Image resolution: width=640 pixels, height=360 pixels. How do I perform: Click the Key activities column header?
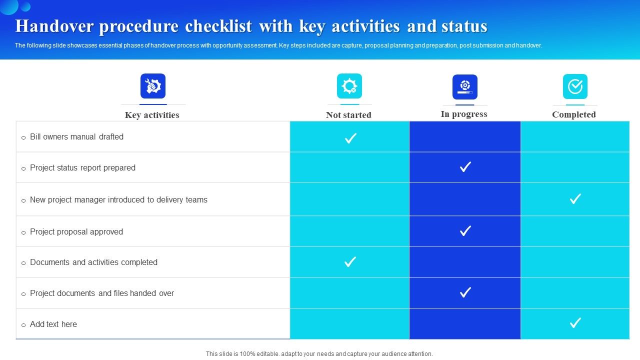tap(152, 115)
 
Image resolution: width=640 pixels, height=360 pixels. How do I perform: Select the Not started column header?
tap(348, 115)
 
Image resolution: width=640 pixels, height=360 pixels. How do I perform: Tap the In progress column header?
tap(464, 114)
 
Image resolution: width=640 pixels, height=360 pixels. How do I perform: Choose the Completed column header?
tap(574, 114)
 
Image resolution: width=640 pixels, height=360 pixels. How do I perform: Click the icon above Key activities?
tap(153, 86)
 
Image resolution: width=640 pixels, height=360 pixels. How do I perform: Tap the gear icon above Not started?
tap(349, 86)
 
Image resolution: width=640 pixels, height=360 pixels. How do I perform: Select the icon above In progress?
tap(465, 86)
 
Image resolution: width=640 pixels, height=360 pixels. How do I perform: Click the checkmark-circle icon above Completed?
tap(575, 86)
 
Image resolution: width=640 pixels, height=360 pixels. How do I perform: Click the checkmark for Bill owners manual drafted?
tap(350, 138)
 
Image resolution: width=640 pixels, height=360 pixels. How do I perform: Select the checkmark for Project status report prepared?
tap(465, 166)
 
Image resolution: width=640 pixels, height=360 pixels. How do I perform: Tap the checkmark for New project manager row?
tap(575, 198)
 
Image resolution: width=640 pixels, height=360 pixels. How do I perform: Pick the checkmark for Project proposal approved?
tap(465, 230)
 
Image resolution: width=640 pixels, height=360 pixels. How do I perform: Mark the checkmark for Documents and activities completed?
tap(350, 261)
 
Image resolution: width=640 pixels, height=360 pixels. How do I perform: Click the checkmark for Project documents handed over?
tap(465, 292)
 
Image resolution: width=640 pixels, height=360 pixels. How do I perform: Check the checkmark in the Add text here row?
tap(575, 322)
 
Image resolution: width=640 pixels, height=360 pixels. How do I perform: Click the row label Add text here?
tap(53, 324)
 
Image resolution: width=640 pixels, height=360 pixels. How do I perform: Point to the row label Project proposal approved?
tap(76, 231)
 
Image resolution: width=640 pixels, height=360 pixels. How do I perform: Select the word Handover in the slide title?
tap(56, 26)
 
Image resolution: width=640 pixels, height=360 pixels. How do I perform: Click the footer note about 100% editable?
tap(319, 353)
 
